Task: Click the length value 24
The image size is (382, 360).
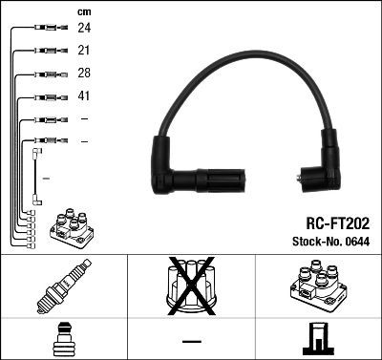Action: (x=84, y=28)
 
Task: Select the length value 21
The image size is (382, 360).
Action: (x=84, y=50)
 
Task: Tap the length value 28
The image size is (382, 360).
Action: (x=84, y=74)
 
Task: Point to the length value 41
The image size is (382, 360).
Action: (x=84, y=96)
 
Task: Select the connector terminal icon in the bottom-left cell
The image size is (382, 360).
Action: (x=62, y=339)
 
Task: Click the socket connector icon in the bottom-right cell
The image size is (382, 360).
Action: (x=318, y=339)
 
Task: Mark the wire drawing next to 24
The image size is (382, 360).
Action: (x=48, y=28)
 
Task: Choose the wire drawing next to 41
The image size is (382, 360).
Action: (x=48, y=96)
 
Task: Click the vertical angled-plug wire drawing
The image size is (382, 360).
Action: (x=37, y=176)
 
